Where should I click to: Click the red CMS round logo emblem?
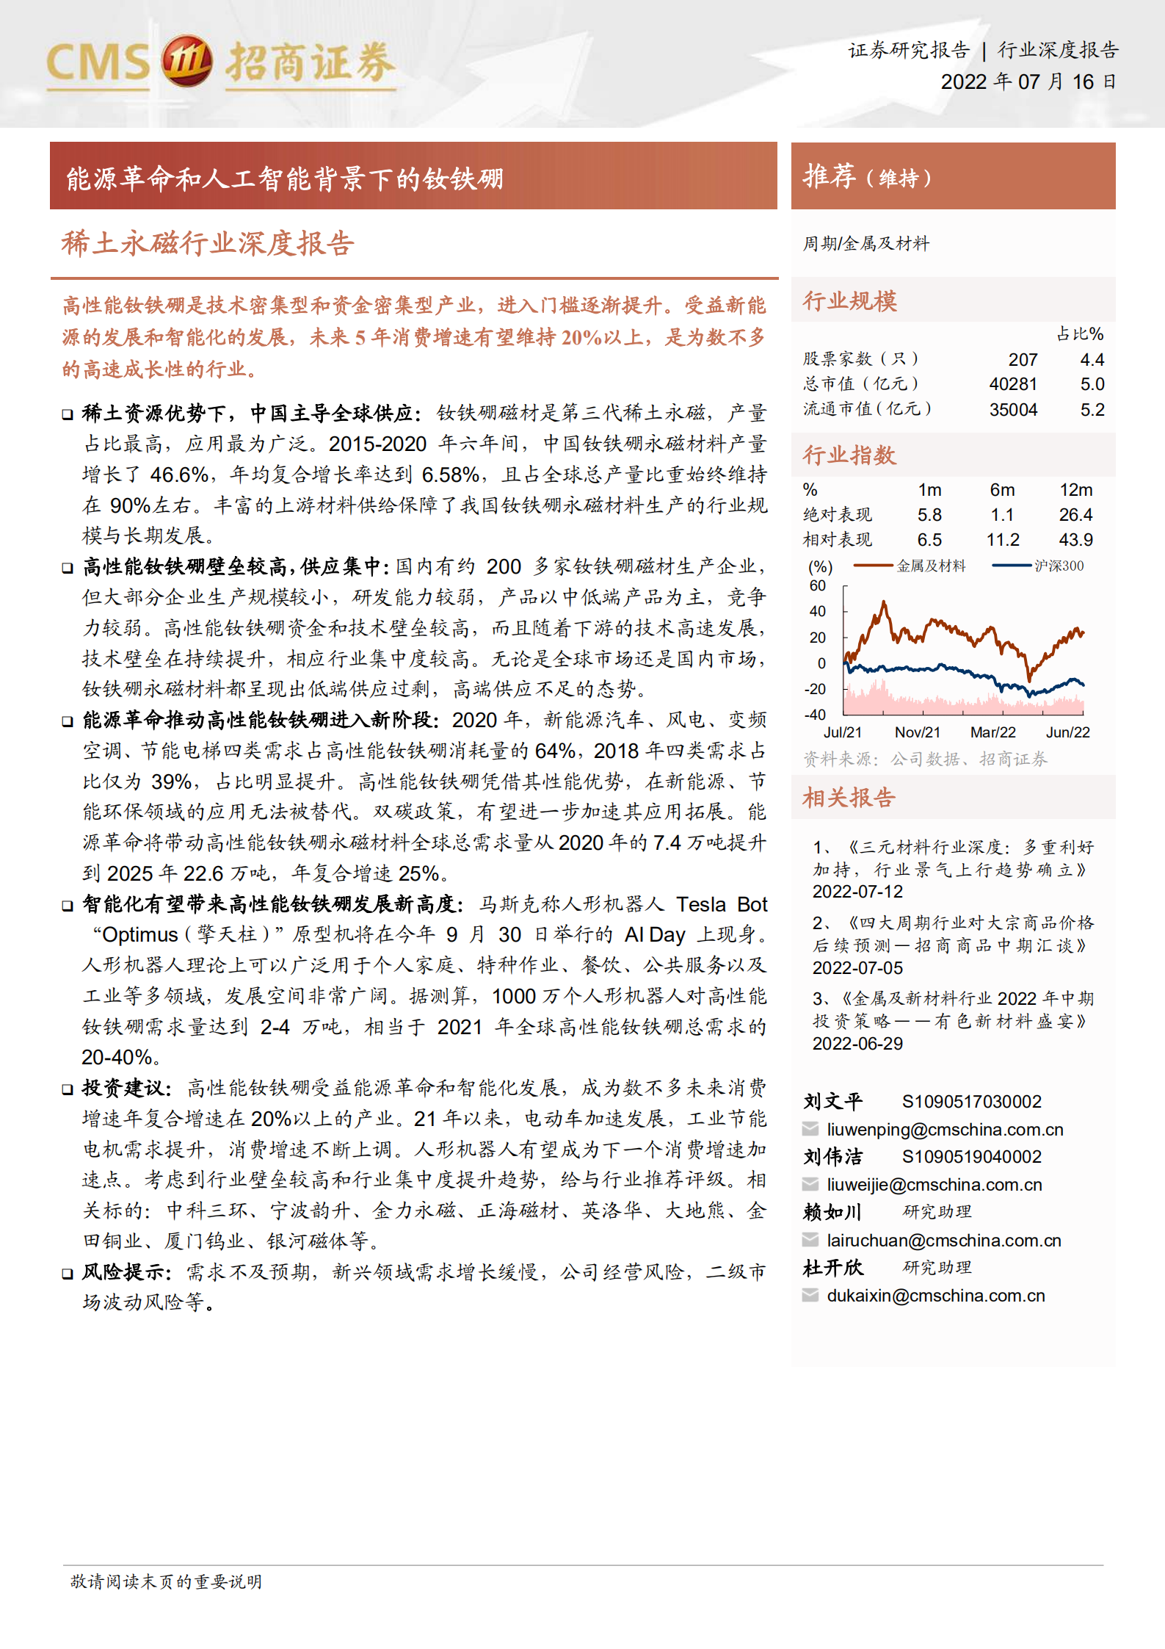(186, 61)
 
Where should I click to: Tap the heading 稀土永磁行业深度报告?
(208, 243)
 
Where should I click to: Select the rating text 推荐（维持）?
(867, 176)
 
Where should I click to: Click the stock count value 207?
(1023, 359)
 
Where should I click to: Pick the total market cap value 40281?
(1013, 384)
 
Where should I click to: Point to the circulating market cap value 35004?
(1013, 410)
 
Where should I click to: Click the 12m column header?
(1075, 490)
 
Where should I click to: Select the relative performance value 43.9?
(1075, 540)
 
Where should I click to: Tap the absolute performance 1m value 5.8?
(929, 515)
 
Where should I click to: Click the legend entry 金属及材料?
(931, 566)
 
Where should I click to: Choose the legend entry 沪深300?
(1059, 566)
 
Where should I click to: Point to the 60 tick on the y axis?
(817, 585)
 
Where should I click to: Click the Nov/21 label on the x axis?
(917, 732)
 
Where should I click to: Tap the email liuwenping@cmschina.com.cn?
(945, 1129)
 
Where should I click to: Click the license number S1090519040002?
(971, 1156)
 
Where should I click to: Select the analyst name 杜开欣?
(833, 1267)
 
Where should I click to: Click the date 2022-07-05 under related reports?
(857, 967)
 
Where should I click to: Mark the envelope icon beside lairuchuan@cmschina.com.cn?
(810, 1240)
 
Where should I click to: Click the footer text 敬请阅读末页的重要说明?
(166, 1581)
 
